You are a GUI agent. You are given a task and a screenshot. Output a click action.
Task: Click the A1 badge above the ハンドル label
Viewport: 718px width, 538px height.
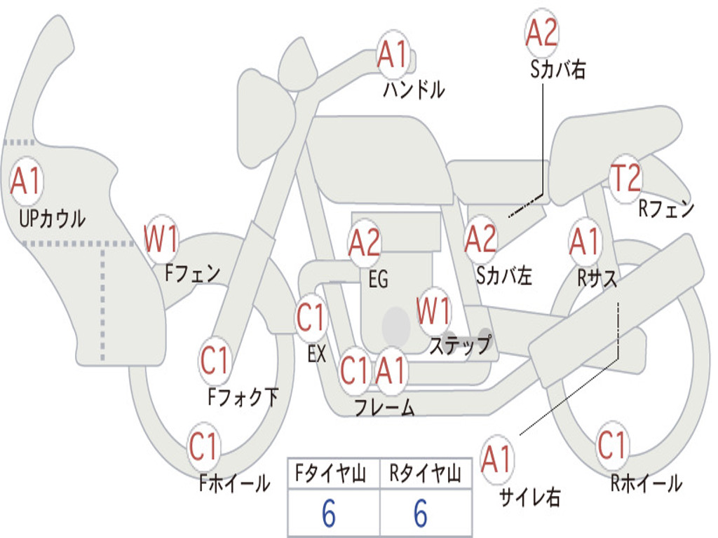pyautogui.click(x=393, y=54)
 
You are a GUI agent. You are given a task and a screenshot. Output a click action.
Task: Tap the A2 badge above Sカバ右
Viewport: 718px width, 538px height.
pyautogui.click(x=541, y=33)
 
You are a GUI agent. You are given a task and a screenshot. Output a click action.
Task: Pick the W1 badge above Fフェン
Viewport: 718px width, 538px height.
pyautogui.click(x=161, y=239)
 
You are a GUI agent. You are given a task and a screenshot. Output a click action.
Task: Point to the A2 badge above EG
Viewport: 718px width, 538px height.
pyautogui.click(x=365, y=242)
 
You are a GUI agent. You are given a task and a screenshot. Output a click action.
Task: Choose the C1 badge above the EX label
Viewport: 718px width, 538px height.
pyautogui.click(x=311, y=318)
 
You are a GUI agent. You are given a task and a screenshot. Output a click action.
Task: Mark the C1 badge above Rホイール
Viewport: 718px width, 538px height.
pyautogui.click(x=612, y=445)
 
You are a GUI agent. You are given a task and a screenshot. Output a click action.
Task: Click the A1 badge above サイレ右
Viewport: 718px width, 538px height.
pyautogui.click(x=497, y=460)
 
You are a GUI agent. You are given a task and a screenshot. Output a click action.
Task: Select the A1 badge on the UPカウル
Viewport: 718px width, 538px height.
pyautogui.click(x=27, y=181)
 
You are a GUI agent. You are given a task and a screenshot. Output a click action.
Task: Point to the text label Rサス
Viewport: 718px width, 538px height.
pyautogui.click(x=597, y=278)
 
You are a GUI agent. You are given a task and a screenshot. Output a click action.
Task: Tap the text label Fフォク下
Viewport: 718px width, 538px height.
pyautogui.click(x=243, y=397)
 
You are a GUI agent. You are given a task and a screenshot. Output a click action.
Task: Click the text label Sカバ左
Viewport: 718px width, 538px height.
pyautogui.click(x=504, y=276)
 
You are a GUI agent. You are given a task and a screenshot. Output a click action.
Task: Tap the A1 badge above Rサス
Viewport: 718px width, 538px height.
pyautogui.click(x=584, y=242)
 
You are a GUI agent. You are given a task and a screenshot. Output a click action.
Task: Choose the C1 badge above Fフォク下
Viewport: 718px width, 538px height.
pyautogui.click(x=215, y=361)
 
